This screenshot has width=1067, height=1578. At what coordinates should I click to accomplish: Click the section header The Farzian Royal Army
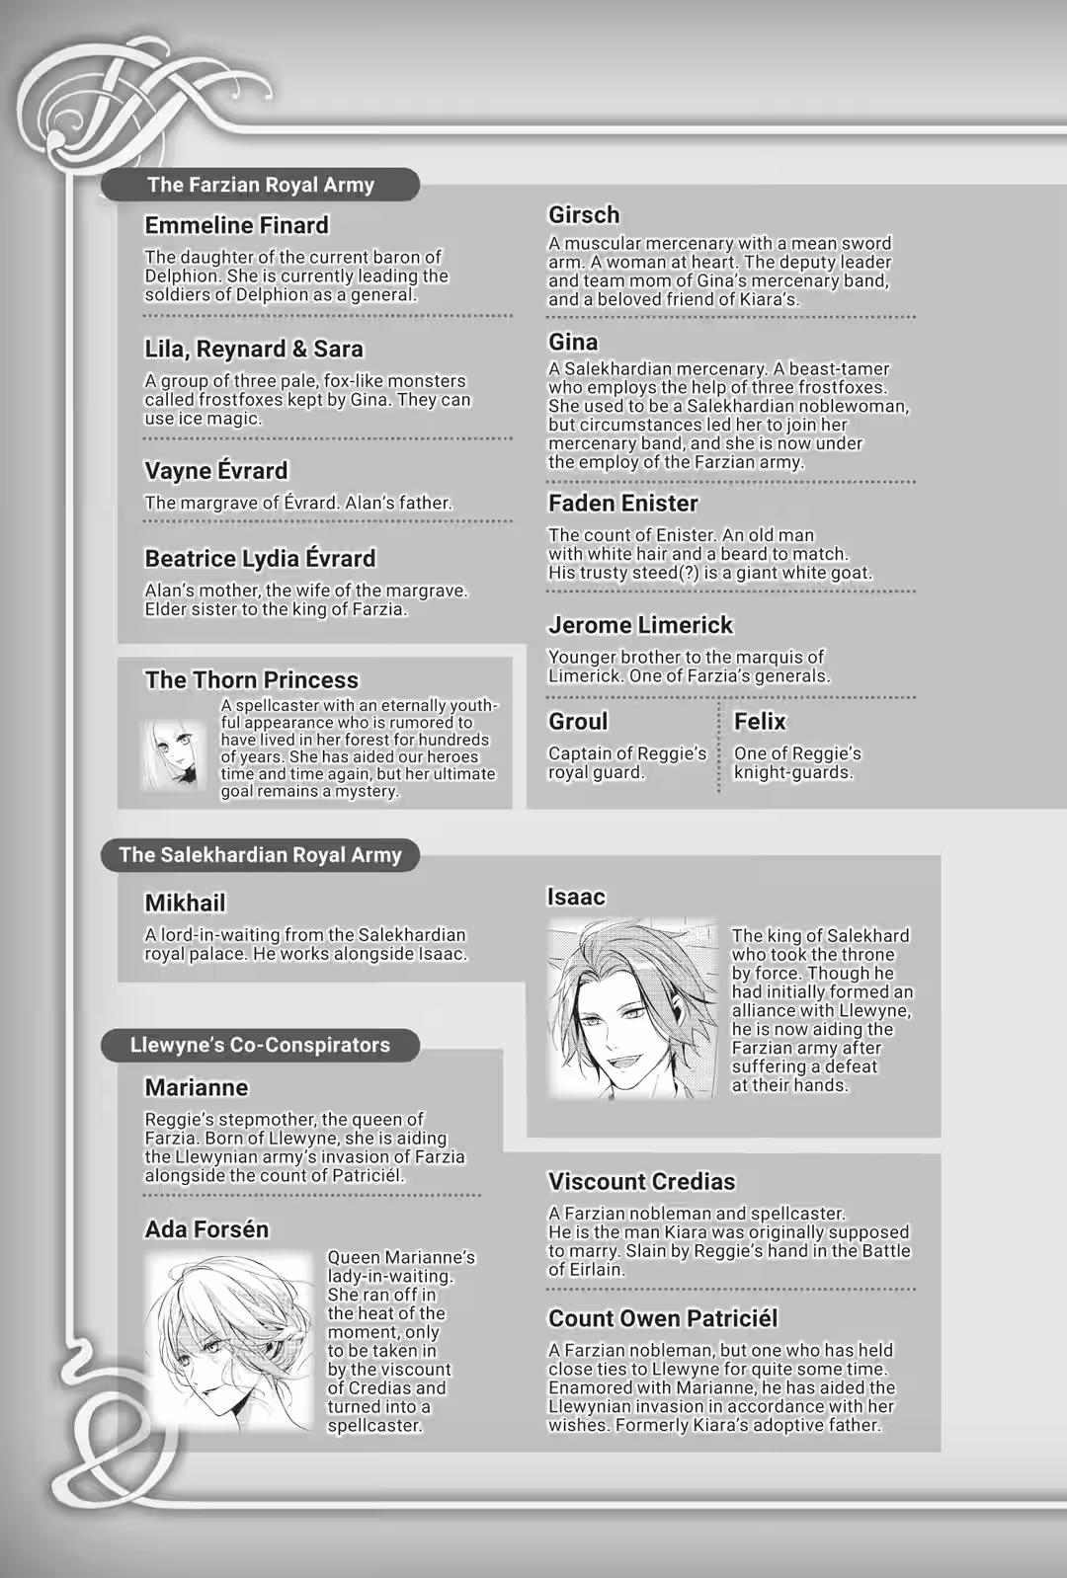click(x=261, y=185)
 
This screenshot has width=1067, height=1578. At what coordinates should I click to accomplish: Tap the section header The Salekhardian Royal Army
click(x=260, y=855)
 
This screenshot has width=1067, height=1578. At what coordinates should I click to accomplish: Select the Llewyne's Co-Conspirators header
click(x=260, y=1045)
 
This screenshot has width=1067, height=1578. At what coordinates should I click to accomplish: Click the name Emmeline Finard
click(x=236, y=225)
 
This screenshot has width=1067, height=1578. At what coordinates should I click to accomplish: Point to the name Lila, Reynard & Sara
click(x=254, y=349)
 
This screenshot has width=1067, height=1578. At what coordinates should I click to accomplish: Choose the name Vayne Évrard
click(x=216, y=471)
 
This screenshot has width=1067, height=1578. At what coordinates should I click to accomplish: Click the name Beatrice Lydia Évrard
click(x=260, y=558)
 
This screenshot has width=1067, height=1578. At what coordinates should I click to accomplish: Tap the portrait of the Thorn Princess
click(x=173, y=753)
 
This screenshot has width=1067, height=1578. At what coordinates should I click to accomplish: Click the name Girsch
click(x=584, y=214)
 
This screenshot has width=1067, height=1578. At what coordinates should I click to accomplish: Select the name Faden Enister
click(x=622, y=504)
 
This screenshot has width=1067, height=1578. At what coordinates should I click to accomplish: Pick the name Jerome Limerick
click(x=640, y=625)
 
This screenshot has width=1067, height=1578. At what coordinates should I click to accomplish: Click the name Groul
click(x=578, y=722)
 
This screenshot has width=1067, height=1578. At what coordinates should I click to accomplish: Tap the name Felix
click(x=760, y=722)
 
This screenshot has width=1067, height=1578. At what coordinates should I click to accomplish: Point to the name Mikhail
click(x=185, y=903)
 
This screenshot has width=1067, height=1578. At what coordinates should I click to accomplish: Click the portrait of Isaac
click(x=632, y=1008)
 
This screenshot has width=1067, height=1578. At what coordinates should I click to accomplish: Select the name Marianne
click(x=197, y=1087)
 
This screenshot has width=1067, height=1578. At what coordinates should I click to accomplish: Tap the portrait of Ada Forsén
click(x=230, y=1341)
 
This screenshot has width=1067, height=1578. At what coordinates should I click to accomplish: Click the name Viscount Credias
click(x=641, y=1182)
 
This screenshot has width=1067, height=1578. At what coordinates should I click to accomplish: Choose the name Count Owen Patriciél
click(x=663, y=1318)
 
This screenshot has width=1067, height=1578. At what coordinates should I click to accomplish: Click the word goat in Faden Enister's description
click(x=854, y=573)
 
